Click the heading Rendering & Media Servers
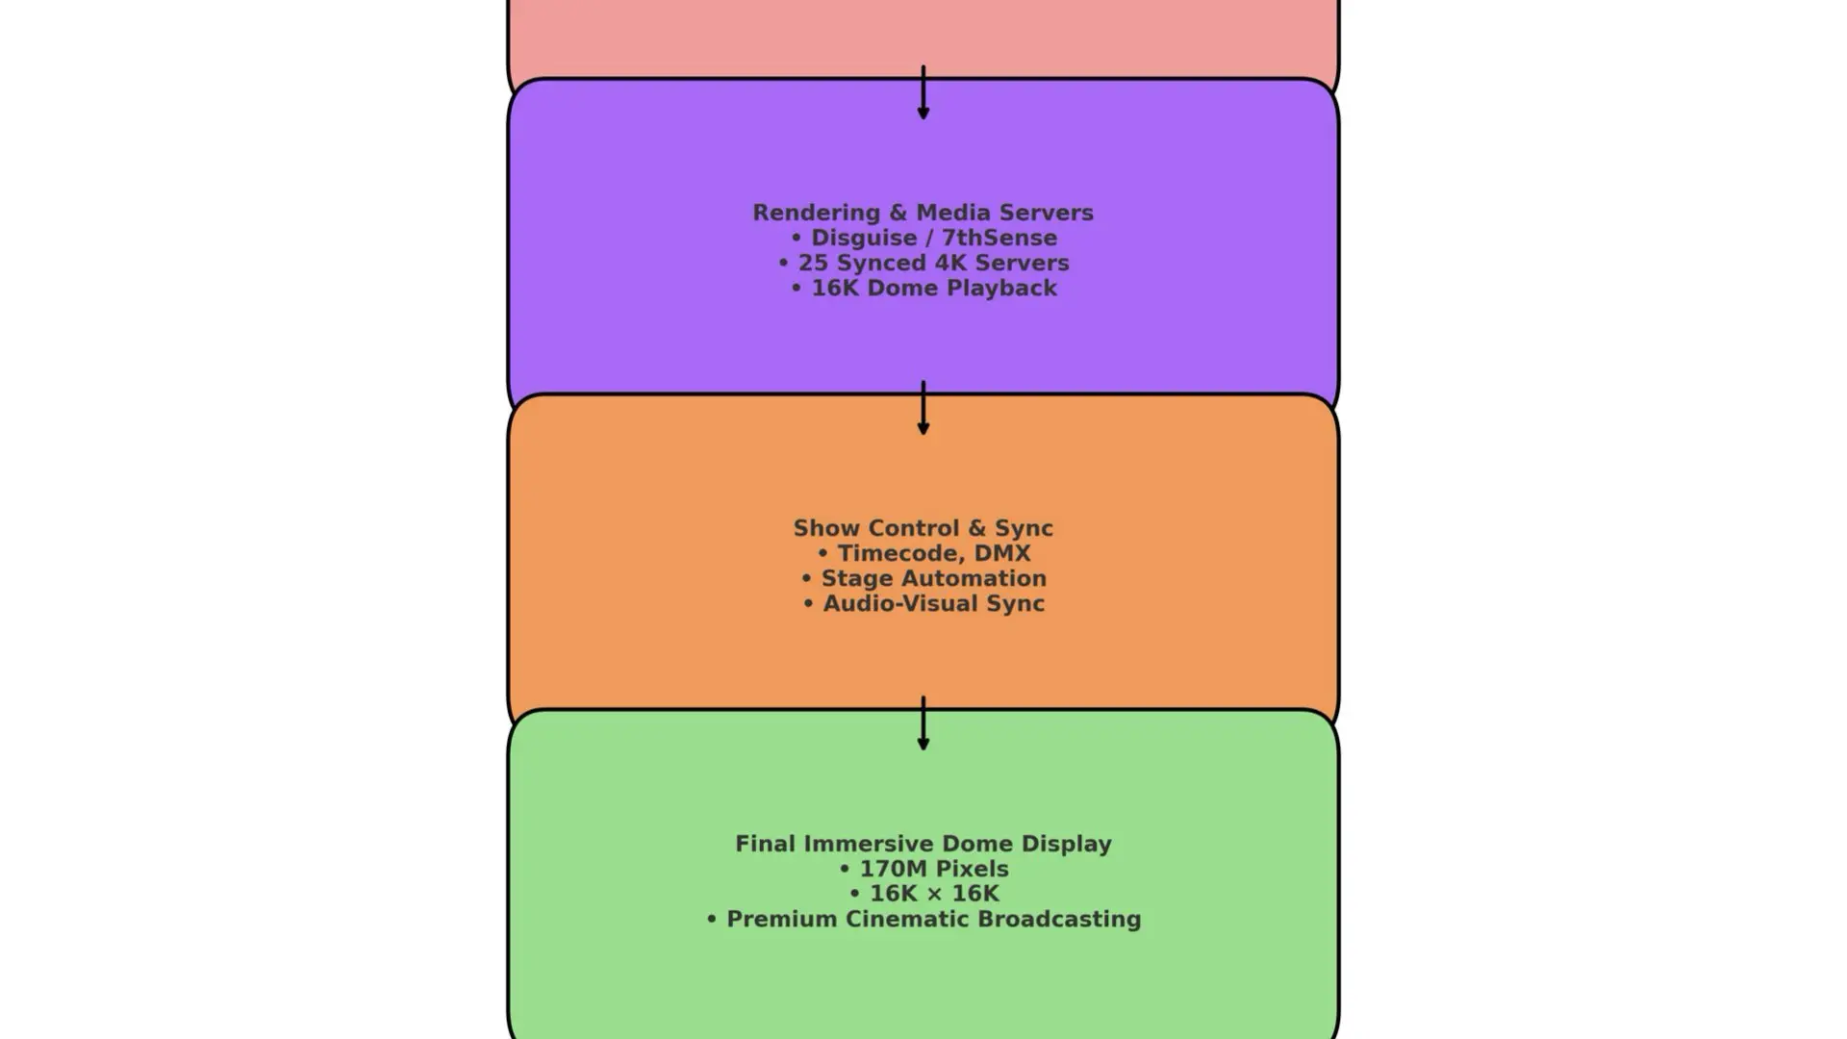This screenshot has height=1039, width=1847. click(923, 213)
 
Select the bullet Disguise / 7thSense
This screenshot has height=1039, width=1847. click(933, 238)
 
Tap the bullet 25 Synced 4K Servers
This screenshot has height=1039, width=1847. click(933, 263)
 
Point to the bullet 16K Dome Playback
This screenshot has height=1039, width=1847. click(933, 288)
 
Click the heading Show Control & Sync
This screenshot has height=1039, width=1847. click(923, 528)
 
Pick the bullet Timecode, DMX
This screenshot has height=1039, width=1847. click(933, 553)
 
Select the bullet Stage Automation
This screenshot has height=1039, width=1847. click(933, 578)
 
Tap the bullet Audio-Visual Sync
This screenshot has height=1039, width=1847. click(933, 603)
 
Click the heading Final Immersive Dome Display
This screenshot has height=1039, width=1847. click(923, 844)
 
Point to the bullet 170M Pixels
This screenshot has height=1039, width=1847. click(933, 869)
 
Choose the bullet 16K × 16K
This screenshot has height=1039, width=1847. click(933, 894)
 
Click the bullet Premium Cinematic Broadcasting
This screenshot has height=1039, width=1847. click(933, 919)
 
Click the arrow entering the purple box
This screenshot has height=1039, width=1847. click(923, 93)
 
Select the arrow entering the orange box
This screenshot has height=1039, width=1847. click(923, 409)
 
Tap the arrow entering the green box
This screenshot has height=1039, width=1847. click(923, 724)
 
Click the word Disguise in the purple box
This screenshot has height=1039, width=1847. click(863, 238)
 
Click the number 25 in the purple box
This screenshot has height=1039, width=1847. click(813, 263)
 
